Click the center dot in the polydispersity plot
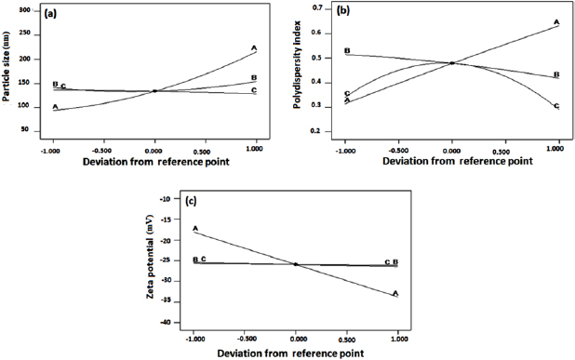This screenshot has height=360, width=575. pyautogui.click(x=451, y=63)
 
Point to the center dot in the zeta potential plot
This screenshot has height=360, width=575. pyautogui.click(x=295, y=264)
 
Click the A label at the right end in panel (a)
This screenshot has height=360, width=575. pyautogui.click(x=254, y=47)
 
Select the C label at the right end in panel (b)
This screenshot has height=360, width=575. pyautogui.click(x=556, y=107)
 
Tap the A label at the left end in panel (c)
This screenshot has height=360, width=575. pyautogui.click(x=194, y=228)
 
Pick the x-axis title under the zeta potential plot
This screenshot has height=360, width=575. pyautogui.click(x=295, y=353)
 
